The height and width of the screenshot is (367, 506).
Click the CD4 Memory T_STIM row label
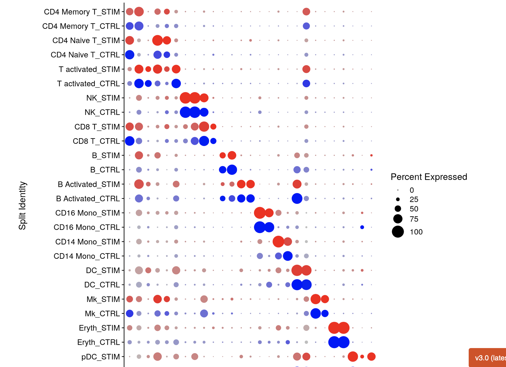82,12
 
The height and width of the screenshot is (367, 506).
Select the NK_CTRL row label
102,112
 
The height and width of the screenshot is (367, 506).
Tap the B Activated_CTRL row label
88,199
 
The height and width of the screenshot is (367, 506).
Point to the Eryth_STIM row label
99,328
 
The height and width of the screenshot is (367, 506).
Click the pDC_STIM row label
100,357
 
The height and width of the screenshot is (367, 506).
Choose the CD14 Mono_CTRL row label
87,256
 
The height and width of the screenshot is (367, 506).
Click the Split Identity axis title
22,206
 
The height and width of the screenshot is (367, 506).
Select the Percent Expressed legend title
429,177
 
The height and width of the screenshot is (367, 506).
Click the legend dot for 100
398,232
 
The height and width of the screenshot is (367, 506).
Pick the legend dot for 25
398,199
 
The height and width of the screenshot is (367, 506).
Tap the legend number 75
414,219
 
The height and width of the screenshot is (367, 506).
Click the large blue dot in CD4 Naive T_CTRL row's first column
130,55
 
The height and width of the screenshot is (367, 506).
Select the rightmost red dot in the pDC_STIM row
371,357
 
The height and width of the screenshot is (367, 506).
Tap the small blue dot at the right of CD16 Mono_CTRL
362,227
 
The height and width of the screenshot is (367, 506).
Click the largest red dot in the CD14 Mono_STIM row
278,242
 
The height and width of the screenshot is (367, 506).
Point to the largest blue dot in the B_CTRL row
232,170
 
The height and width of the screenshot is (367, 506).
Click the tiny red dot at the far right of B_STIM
371,155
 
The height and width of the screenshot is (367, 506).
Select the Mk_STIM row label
103,299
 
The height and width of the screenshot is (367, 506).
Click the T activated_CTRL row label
88,84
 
